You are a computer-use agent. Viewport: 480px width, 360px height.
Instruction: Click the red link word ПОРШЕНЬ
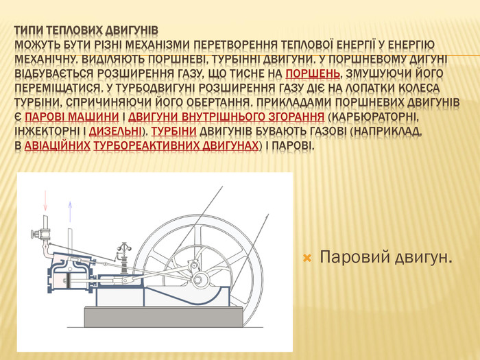click(313, 73)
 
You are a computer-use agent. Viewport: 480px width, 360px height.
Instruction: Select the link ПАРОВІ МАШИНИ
click(71, 117)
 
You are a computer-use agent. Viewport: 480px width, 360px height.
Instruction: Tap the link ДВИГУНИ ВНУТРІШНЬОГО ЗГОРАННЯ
click(226, 117)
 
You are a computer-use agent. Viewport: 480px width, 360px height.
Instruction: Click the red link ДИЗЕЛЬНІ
click(115, 132)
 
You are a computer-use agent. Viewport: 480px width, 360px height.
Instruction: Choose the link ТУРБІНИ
click(174, 132)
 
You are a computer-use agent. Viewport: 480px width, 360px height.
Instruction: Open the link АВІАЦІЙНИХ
click(57, 145)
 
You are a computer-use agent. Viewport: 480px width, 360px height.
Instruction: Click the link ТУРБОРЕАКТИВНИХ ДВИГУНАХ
click(176, 145)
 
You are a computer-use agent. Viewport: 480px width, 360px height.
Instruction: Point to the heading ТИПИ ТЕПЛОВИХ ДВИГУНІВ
click(86, 31)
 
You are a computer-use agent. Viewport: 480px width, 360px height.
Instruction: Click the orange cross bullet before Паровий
click(307, 259)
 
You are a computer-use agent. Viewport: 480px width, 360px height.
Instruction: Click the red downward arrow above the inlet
click(46, 200)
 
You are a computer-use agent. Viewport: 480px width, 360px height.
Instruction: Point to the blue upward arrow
click(70, 211)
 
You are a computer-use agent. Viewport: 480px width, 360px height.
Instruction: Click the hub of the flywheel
click(197, 279)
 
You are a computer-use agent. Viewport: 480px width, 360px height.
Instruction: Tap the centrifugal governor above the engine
click(124, 258)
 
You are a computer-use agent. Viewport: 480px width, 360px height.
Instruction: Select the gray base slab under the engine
click(164, 317)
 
